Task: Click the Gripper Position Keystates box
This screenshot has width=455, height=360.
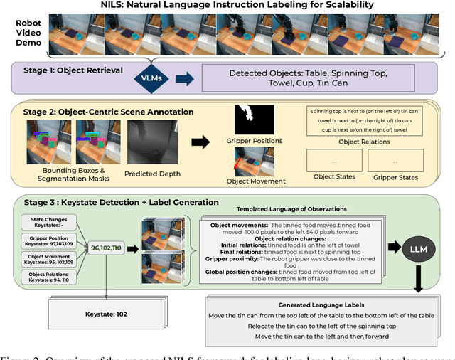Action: click(48, 239)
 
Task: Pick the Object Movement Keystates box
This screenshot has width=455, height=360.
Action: click(48, 258)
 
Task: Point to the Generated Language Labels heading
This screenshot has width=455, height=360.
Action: click(331, 305)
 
